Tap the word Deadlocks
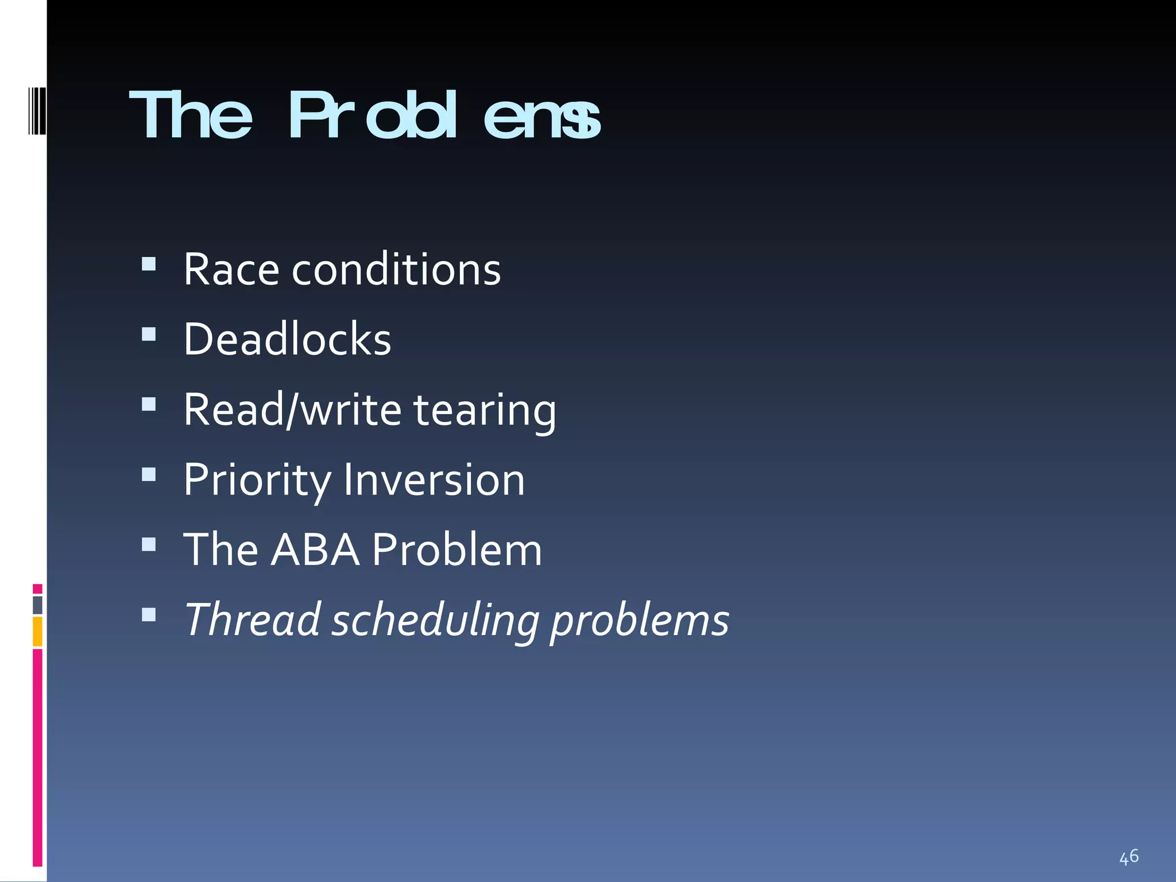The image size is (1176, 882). pyautogui.click(x=287, y=339)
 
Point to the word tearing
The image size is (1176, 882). pyautogui.click(x=485, y=410)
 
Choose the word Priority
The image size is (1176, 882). pyautogui.click(x=257, y=480)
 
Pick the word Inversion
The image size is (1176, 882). pyautogui.click(x=434, y=479)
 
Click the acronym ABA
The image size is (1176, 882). pyautogui.click(x=315, y=550)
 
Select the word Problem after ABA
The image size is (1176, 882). pyautogui.click(x=457, y=550)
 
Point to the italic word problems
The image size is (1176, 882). pyautogui.click(x=640, y=621)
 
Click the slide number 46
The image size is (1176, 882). pyautogui.click(x=1129, y=857)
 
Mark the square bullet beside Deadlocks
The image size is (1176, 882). pyautogui.click(x=149, y=334)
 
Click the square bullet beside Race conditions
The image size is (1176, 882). pyautogui.click(x=149, y=264)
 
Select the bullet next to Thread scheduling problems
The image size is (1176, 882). pyautogui.click(x=149, y=615)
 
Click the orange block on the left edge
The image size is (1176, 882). pyautogui.click(x=37, y=631)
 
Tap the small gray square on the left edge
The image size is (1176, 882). pyautogui.click(x=37, y=605)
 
